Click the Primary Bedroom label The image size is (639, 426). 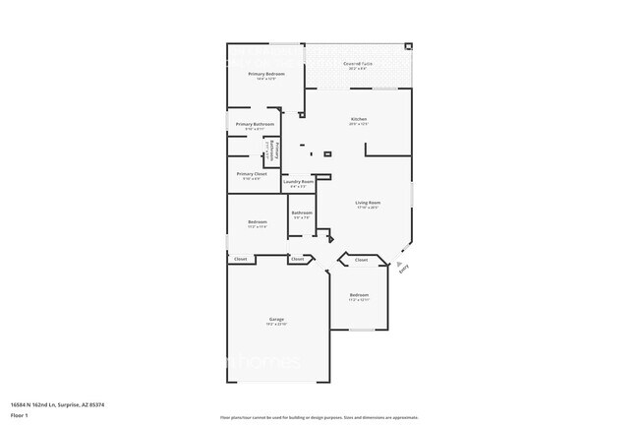tap(266, 74)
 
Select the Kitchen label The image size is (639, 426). tap(358, 119)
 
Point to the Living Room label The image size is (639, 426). tap(368, 203)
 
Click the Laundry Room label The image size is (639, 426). tap(298, 181)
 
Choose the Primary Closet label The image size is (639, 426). tap(253, 173)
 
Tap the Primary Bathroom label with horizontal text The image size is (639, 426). tap(255, 124)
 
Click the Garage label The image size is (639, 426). tap(277, 320)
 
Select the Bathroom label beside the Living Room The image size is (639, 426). tap(302, 213)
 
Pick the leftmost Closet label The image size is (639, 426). tap(240, 259)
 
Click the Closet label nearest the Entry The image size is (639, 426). tap(361, 260)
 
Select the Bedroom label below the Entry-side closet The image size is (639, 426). tap(359, 295)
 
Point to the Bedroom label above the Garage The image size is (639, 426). tap(258, 221)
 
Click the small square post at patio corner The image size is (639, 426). tap(409, 45)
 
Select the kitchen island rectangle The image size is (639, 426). tap(328, 153)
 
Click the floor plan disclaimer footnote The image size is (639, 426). tap(319, 417)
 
